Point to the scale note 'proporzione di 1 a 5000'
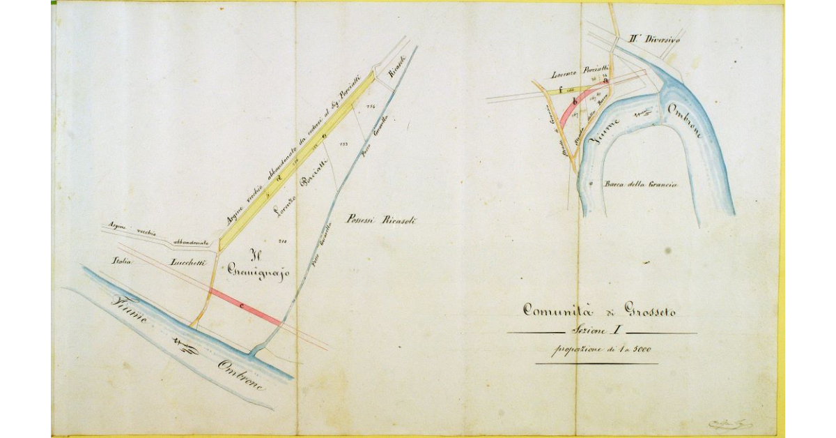(598, 350)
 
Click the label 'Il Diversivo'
(653, 40)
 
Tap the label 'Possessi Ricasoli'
(384, 220)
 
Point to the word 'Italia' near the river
(123, 262)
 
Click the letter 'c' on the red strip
(241, 305)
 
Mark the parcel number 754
(370, 107)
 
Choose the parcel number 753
(343, 144)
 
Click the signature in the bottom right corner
(727, 423)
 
